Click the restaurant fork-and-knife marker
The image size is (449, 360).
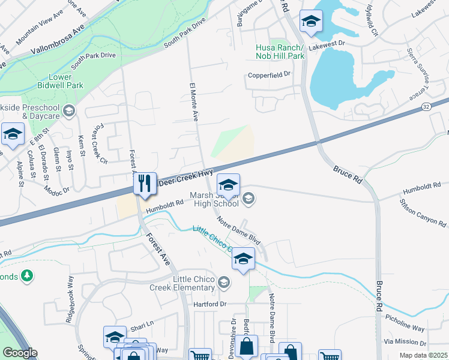click(x=144, y=183)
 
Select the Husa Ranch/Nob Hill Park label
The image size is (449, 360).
click(x=280, y=52)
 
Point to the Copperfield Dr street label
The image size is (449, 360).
click(x=270, y=75)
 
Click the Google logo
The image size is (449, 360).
click(x=20, y=353)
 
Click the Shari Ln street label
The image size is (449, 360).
click(x=142, y=324)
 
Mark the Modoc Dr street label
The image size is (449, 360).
click(x=56, y=187)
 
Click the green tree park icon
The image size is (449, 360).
click(x=26, y=275)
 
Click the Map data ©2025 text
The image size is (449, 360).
click(x=423, y=355)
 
